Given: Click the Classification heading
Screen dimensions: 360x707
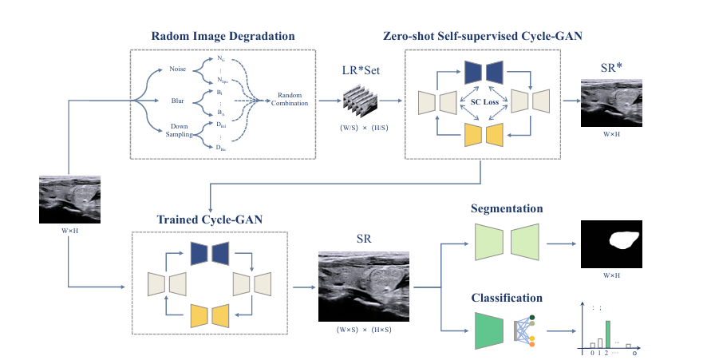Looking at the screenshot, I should pyautogui.click(x=508, y=298).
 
